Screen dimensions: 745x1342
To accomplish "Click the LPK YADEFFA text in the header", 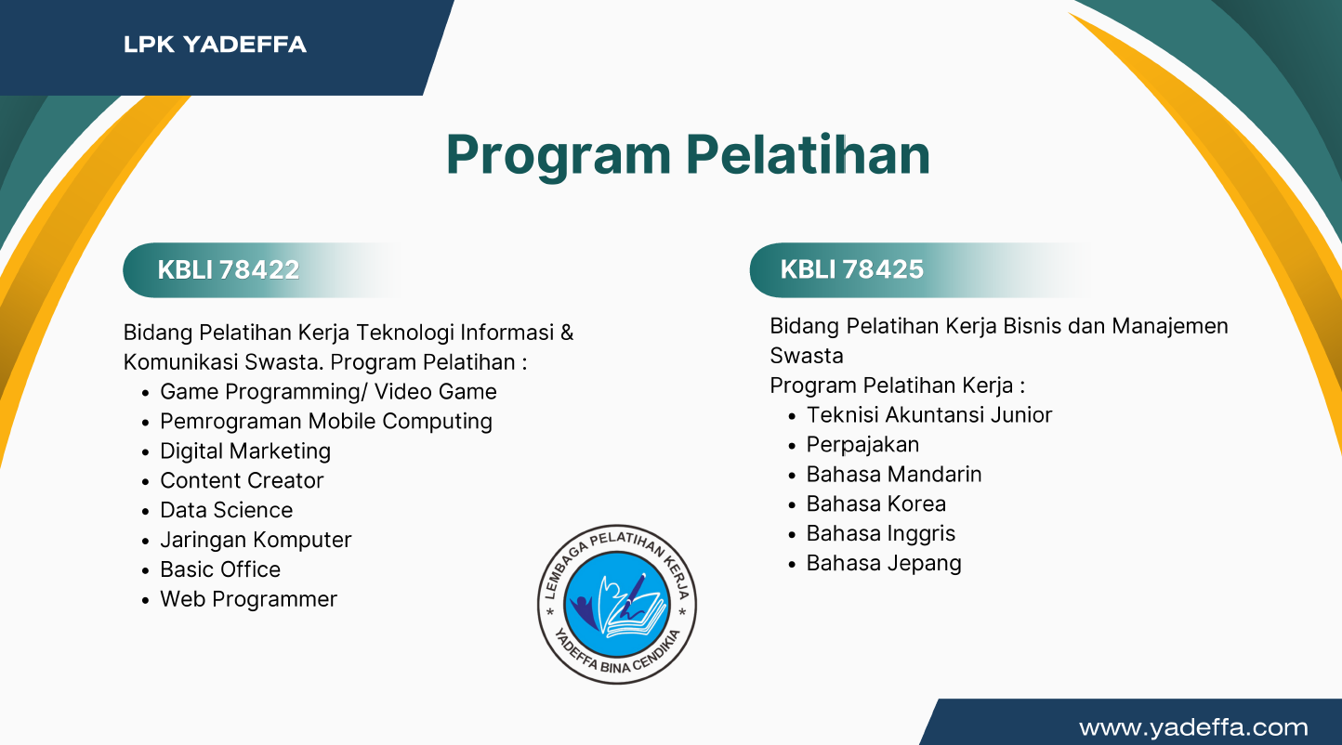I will coord(215,44).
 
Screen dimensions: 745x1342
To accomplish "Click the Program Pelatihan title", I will coord(688,154).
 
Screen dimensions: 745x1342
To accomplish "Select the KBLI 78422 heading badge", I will coord(229,269).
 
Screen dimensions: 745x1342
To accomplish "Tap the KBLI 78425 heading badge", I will coord(851,269).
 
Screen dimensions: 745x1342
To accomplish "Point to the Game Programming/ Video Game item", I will coord(328,392).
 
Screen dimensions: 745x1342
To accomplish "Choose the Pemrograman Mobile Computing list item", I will coord(326,422).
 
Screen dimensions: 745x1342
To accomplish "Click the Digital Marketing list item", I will coord(245,451).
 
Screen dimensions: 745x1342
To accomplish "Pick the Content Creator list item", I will coord(242,481).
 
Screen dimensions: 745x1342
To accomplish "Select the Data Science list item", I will coord(226,511).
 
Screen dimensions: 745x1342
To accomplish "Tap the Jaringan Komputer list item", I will coord(256,541).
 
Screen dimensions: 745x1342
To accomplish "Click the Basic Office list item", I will coord(220,570).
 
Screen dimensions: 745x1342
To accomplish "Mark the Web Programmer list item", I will coord(248,600).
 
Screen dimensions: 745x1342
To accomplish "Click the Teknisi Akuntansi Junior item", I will coord(928,415).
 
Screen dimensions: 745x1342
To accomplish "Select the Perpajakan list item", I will coord(862,445).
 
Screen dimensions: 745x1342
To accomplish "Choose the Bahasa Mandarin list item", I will coord(894,475).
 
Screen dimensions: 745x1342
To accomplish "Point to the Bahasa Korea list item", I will coord(876,504).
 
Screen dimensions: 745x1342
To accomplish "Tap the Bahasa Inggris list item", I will coord(881,534).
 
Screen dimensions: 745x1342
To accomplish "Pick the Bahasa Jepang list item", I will coord(884,564).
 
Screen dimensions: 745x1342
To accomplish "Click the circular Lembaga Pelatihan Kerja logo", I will coord(617,604).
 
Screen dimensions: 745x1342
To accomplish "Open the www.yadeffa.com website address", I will coord(1193,727).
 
